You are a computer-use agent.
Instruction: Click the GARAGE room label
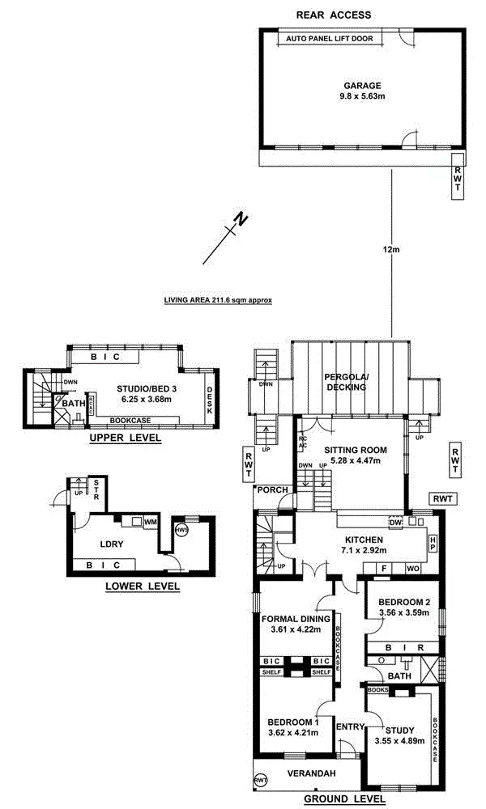point(361,86)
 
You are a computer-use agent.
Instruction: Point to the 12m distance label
point(392,249)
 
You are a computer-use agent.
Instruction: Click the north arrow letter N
point(239,219)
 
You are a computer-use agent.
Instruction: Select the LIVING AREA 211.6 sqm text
point(217,299)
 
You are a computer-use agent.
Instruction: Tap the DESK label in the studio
point(210,400)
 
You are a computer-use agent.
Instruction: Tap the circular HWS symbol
point(181,530)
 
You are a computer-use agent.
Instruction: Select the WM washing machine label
point(150,523)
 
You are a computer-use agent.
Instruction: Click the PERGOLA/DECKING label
point(346,382)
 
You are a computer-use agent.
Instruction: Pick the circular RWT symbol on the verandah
point(261,780)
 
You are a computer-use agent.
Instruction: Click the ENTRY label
point(351,726)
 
